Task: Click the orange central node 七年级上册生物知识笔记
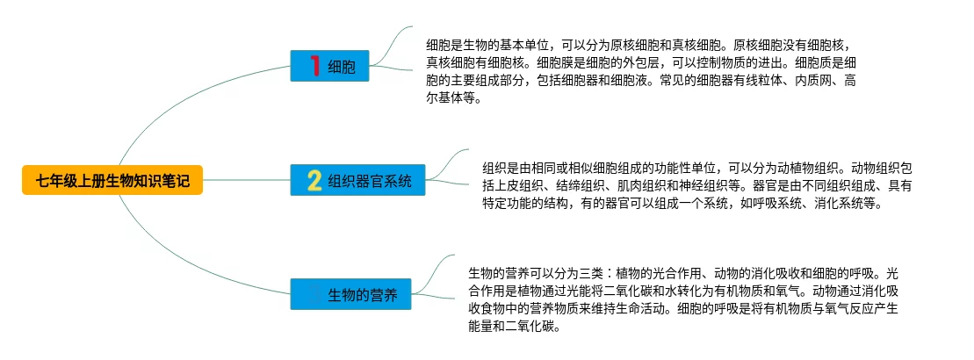112,182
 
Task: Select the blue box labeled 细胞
329,67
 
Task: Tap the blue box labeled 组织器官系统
358,182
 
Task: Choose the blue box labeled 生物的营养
349,295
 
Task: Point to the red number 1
314,66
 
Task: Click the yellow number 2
314,182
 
